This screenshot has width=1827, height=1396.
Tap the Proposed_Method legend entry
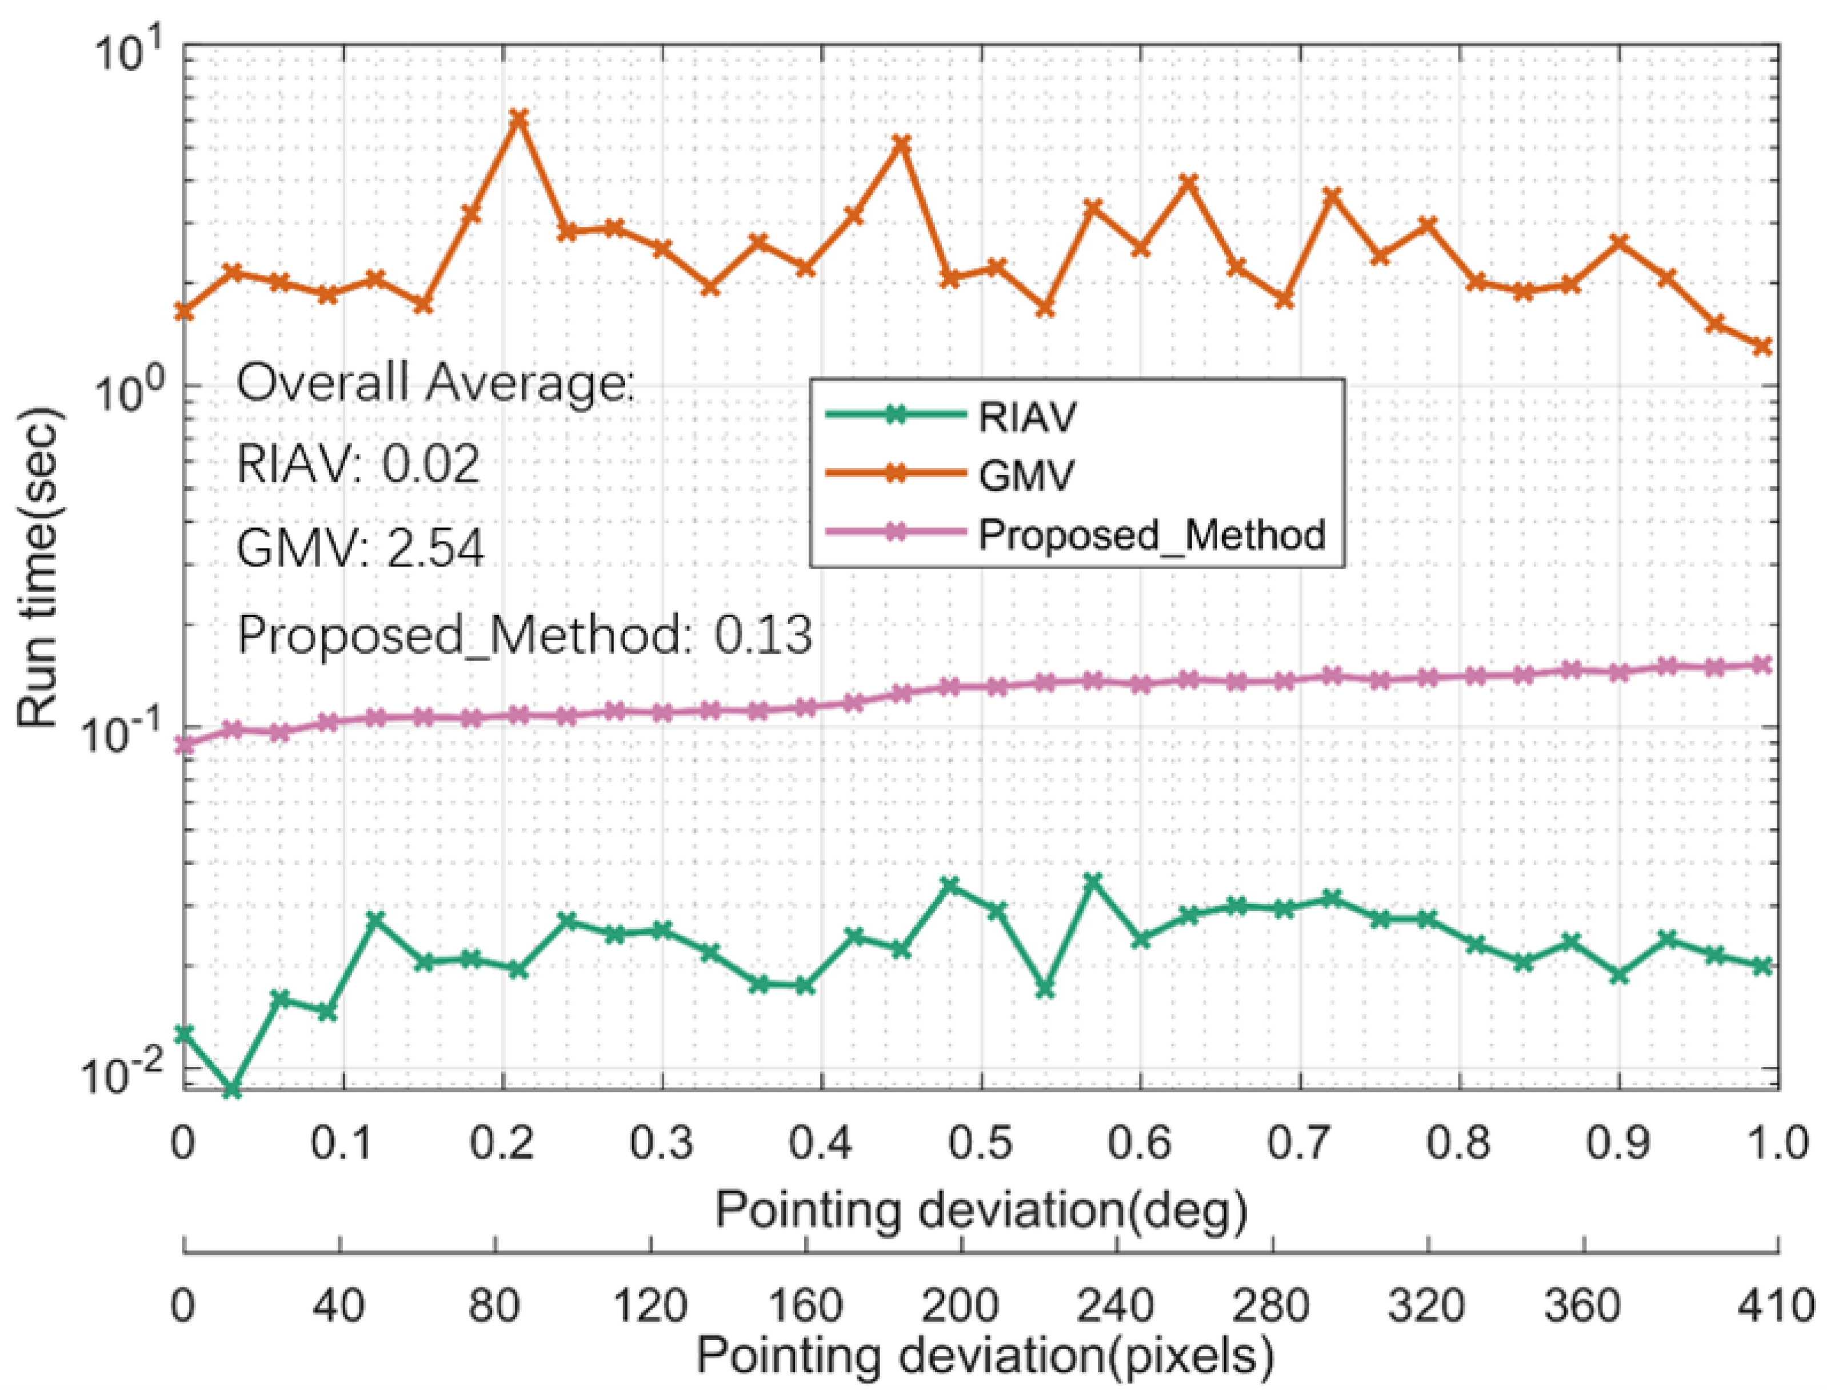click(1152, 534)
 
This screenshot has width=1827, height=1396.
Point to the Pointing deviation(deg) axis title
click(981, 1210)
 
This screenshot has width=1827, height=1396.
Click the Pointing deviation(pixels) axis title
click(985, 1356)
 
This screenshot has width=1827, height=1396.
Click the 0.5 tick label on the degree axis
click(981, 1144)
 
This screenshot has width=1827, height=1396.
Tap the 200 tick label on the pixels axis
click(960, 1305)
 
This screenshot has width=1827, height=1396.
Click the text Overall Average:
click(434, 384)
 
